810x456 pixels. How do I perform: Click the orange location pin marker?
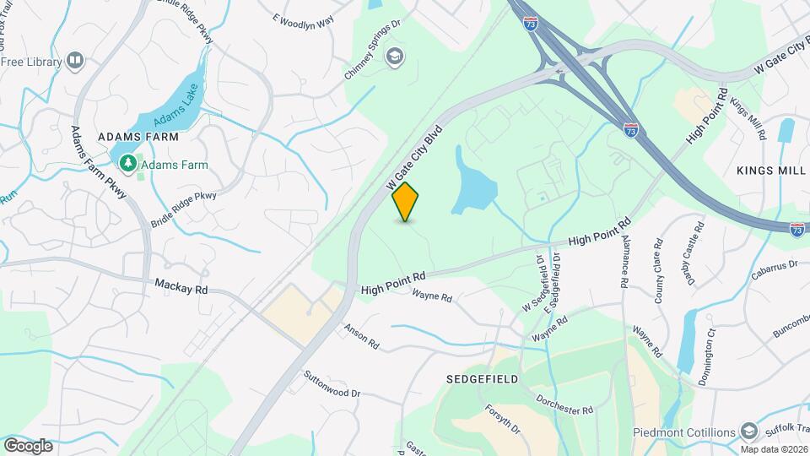[406, 201]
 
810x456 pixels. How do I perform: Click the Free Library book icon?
[76, 61]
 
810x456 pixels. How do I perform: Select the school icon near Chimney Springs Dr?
[393, 57]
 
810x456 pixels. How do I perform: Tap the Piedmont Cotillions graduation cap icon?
[748, 432]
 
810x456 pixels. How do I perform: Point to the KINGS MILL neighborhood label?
[771, 171]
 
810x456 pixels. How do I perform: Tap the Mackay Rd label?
[181, 287]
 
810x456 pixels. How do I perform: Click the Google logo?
[28, 445]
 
